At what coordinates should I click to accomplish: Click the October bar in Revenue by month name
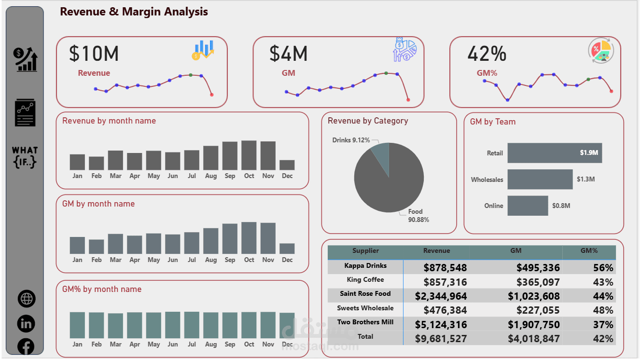coord(249,155)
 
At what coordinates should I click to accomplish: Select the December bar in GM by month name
coord(287,249)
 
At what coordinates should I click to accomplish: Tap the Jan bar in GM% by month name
coord(77,325)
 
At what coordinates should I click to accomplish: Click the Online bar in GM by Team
coord(528,206)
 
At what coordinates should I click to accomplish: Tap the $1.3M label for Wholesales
coord(585,179)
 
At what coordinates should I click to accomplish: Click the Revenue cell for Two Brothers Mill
coord(445,324)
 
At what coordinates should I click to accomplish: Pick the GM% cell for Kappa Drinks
coord(603,268)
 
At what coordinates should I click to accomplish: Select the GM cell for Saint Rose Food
coord(533,296)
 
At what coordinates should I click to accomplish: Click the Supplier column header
coord(365,251)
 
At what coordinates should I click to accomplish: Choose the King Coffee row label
coord(365,280)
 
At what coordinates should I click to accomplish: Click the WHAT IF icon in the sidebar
coord(25,157)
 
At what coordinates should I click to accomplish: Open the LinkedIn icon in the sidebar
coord(26,323)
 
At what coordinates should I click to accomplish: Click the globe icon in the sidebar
coord(27,299)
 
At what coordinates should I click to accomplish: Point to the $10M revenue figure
coord(94,54)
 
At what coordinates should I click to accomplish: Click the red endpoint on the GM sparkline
coord(408,100)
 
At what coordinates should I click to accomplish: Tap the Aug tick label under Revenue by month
coord(211,176)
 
